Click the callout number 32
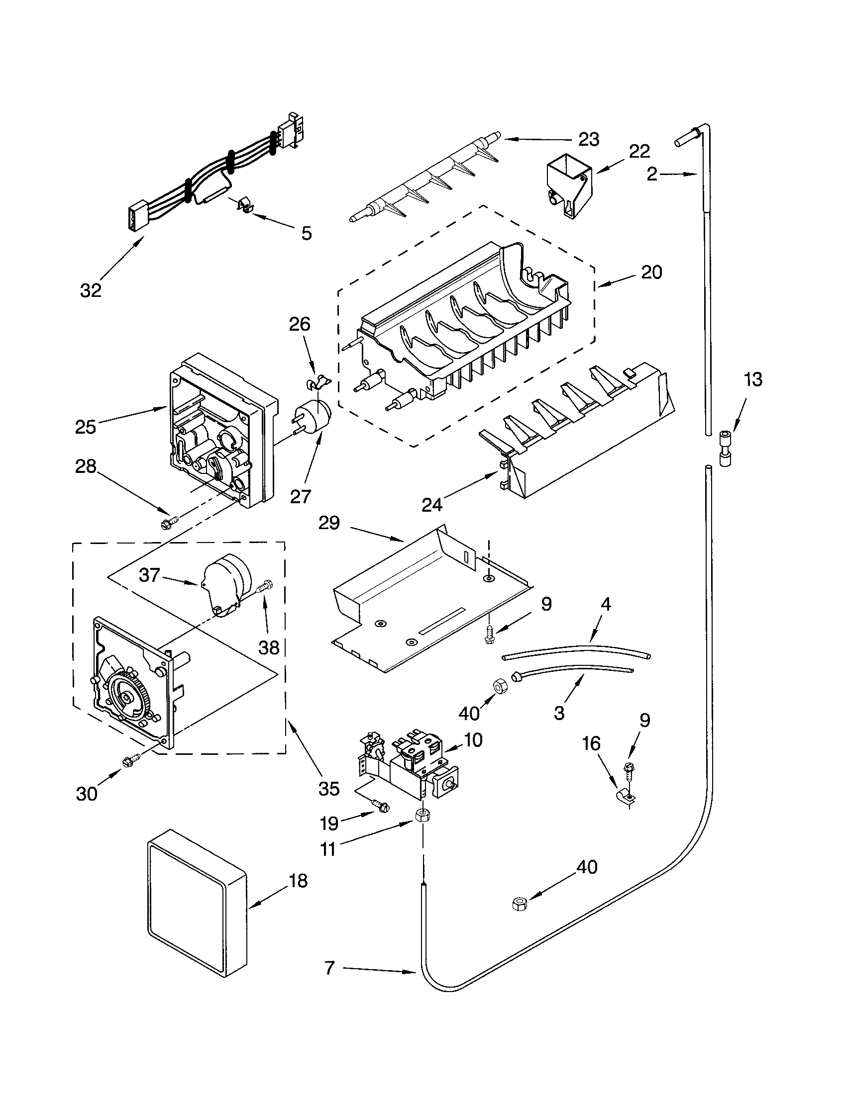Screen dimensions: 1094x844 pos(91,290)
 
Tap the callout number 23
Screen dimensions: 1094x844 pos(588,140)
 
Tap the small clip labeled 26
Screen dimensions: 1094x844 pos(317,383)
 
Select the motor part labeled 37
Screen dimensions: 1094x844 pos(225,584)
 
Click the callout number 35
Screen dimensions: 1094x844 pos(329,789)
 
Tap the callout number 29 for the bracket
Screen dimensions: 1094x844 pos(329,524)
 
